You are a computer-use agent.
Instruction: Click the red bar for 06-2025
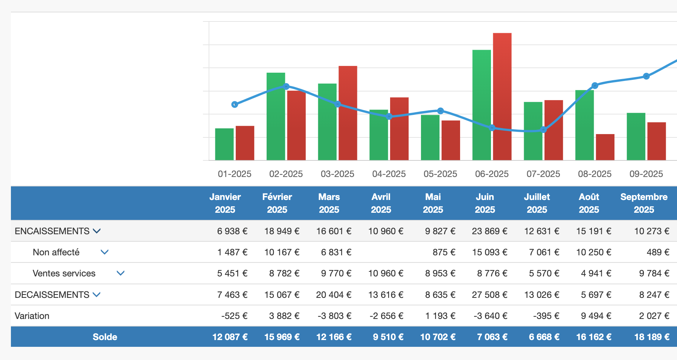tap(502, 97)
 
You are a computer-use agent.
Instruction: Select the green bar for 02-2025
tap(276, 117)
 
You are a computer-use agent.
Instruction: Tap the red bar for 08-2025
tap(605, 147)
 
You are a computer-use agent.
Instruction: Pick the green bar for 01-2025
tap(224, 145)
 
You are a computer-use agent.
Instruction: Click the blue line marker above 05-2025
tap(441, 111)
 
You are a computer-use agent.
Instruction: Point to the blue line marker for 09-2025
tap(646, 76)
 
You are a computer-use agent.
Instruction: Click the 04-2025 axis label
tap(389, 174)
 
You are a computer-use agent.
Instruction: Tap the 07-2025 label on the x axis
tap(543, 174)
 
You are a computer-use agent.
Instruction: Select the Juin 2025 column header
tap(485, 203)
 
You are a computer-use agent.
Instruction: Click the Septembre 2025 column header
tap(643, 203)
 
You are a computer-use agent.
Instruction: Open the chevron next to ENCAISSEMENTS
tap(97, 231)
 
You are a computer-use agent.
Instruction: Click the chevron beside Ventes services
tap(120, 273)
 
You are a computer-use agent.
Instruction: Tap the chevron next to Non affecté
tap(105, 252)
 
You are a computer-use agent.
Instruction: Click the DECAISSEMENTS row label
tap(52, 295)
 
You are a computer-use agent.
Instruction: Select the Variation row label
tap(32, 316)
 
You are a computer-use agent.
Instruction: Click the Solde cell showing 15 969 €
tap(282, 337)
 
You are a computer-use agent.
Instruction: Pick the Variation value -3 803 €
tap(334, 316)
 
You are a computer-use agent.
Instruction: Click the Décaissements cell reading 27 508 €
tap(489, 295)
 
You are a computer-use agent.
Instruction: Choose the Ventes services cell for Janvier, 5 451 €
tap(232, 273)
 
